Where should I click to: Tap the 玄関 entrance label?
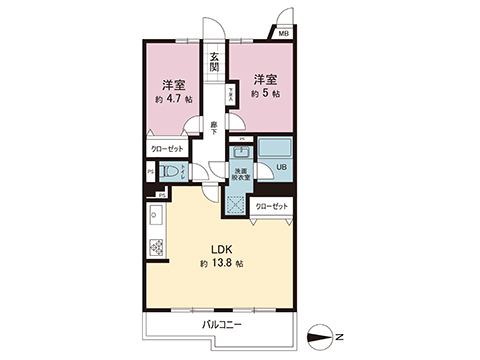point(214,61)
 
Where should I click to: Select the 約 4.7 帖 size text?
point(174,99)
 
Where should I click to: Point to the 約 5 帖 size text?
point(265,94)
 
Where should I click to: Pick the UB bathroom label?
point(281,167)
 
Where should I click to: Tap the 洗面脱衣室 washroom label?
point(241,174)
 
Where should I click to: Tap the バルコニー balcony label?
point(222,324)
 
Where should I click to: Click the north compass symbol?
point(320,335)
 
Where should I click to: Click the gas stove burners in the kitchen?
point(156,246)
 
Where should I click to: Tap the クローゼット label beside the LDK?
point(272,206)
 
